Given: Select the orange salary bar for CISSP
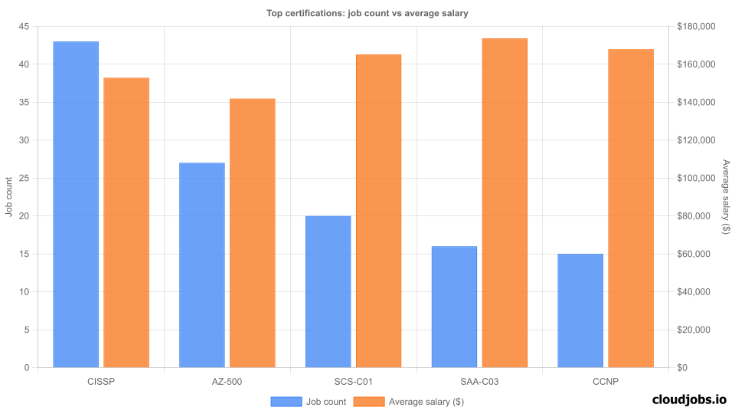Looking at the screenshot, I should tap(126, 222).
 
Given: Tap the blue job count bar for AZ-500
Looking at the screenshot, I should tap(202, 265).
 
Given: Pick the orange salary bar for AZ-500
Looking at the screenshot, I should tap(253, 233).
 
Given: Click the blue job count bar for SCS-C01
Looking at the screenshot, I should tap(328, 292).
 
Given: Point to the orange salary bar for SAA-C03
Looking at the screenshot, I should tap(505, 203).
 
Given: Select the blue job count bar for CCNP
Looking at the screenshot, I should tap(580, 310).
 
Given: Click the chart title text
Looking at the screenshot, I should tap(367, 13).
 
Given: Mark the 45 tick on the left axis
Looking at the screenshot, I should tap(23, 27).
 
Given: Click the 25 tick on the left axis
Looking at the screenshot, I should tap(23, 179).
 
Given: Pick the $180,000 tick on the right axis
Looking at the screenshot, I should tap(696, 27).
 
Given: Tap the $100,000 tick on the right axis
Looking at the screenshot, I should tap(696, 179).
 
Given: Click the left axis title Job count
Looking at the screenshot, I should tap(9, 197).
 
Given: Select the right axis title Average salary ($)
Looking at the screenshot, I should tap(726, 197).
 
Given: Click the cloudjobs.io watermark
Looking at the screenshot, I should tap(689, 399).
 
